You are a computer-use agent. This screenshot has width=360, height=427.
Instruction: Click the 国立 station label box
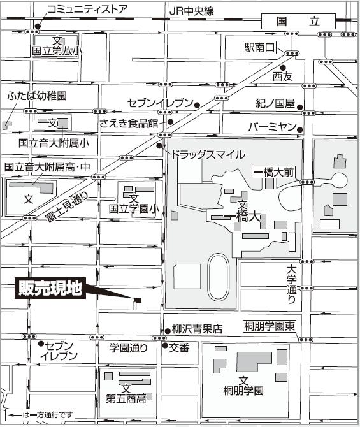click(x=299, y=21)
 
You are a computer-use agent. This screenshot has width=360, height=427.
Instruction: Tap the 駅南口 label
click(x=261, y=48)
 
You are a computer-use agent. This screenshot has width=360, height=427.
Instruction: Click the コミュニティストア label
click(x=88, y=9)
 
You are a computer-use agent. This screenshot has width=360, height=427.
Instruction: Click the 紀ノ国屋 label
click(x=275, y=103)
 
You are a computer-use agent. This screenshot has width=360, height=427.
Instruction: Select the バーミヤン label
click(x=272, y=127)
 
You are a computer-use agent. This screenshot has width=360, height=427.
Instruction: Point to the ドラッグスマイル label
click(x=207, y=154)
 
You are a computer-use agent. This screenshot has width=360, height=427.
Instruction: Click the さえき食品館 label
click(x=133, y=122)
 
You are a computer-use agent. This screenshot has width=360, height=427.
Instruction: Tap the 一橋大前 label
click(x=273, y=172)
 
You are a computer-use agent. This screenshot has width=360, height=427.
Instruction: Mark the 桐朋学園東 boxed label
click(x=270, y=327)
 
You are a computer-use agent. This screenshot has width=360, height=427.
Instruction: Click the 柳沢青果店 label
click(x=198, y=329)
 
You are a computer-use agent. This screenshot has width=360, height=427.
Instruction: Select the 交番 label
click(x=180, y=347)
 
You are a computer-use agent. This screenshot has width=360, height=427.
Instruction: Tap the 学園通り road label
click(x=128, y=347)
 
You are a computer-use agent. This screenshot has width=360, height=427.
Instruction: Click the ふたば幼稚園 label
click(x=36, y=96)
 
